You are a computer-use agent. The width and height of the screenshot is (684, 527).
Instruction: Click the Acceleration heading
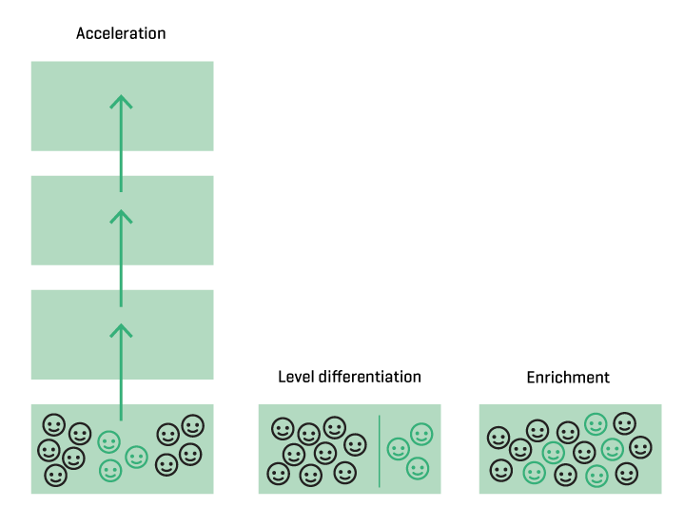click(121, 33)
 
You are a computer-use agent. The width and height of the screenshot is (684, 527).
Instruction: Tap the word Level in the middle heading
click(295, 377)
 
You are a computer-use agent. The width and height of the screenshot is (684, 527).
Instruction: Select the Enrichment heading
click(568, 378)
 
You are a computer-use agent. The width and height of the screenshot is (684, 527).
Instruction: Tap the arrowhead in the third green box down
click(121, 330)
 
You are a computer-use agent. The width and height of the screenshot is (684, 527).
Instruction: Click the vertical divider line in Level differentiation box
click(380, 450)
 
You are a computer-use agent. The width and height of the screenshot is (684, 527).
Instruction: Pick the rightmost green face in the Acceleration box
click(137, 458)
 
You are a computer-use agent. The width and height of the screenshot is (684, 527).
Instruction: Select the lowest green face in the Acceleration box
click(110, 470)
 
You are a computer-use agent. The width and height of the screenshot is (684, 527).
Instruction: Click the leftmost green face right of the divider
click(398, 449)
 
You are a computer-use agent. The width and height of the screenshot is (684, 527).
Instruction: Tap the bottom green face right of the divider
click(418, 468)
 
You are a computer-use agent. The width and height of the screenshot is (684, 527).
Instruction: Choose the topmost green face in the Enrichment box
click(596, 423)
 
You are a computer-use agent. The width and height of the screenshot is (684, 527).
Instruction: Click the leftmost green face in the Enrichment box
click(534, 471)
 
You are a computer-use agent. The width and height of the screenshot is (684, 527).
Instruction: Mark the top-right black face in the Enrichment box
click(625, 423)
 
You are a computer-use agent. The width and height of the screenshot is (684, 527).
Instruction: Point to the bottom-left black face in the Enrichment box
click(499, 470)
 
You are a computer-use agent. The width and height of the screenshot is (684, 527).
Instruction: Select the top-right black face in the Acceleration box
click(192, 425)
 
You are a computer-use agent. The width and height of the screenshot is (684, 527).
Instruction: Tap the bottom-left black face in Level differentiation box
click(278, 472)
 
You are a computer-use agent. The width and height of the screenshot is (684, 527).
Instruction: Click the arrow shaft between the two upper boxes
click(121, 164)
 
